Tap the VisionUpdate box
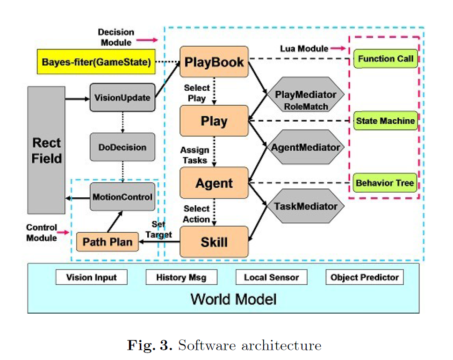tap(122, 98)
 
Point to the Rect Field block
tap(46, 150)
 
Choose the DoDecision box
tap(122, 147)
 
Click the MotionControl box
tap(122, 197)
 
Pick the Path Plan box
tap(108, 242)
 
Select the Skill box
tap(214, 242)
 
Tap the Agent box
tap(214, 183)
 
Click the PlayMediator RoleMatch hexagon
tap(305, 100)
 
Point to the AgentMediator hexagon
tap(305, 147)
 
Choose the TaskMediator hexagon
tap(305, 206)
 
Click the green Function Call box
tap(386, 59)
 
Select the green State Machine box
tap(385, 121)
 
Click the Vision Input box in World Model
tap(92, 277)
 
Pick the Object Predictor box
tap(364, 277)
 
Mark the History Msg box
tap(181, 277)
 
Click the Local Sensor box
tap(271, 277)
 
